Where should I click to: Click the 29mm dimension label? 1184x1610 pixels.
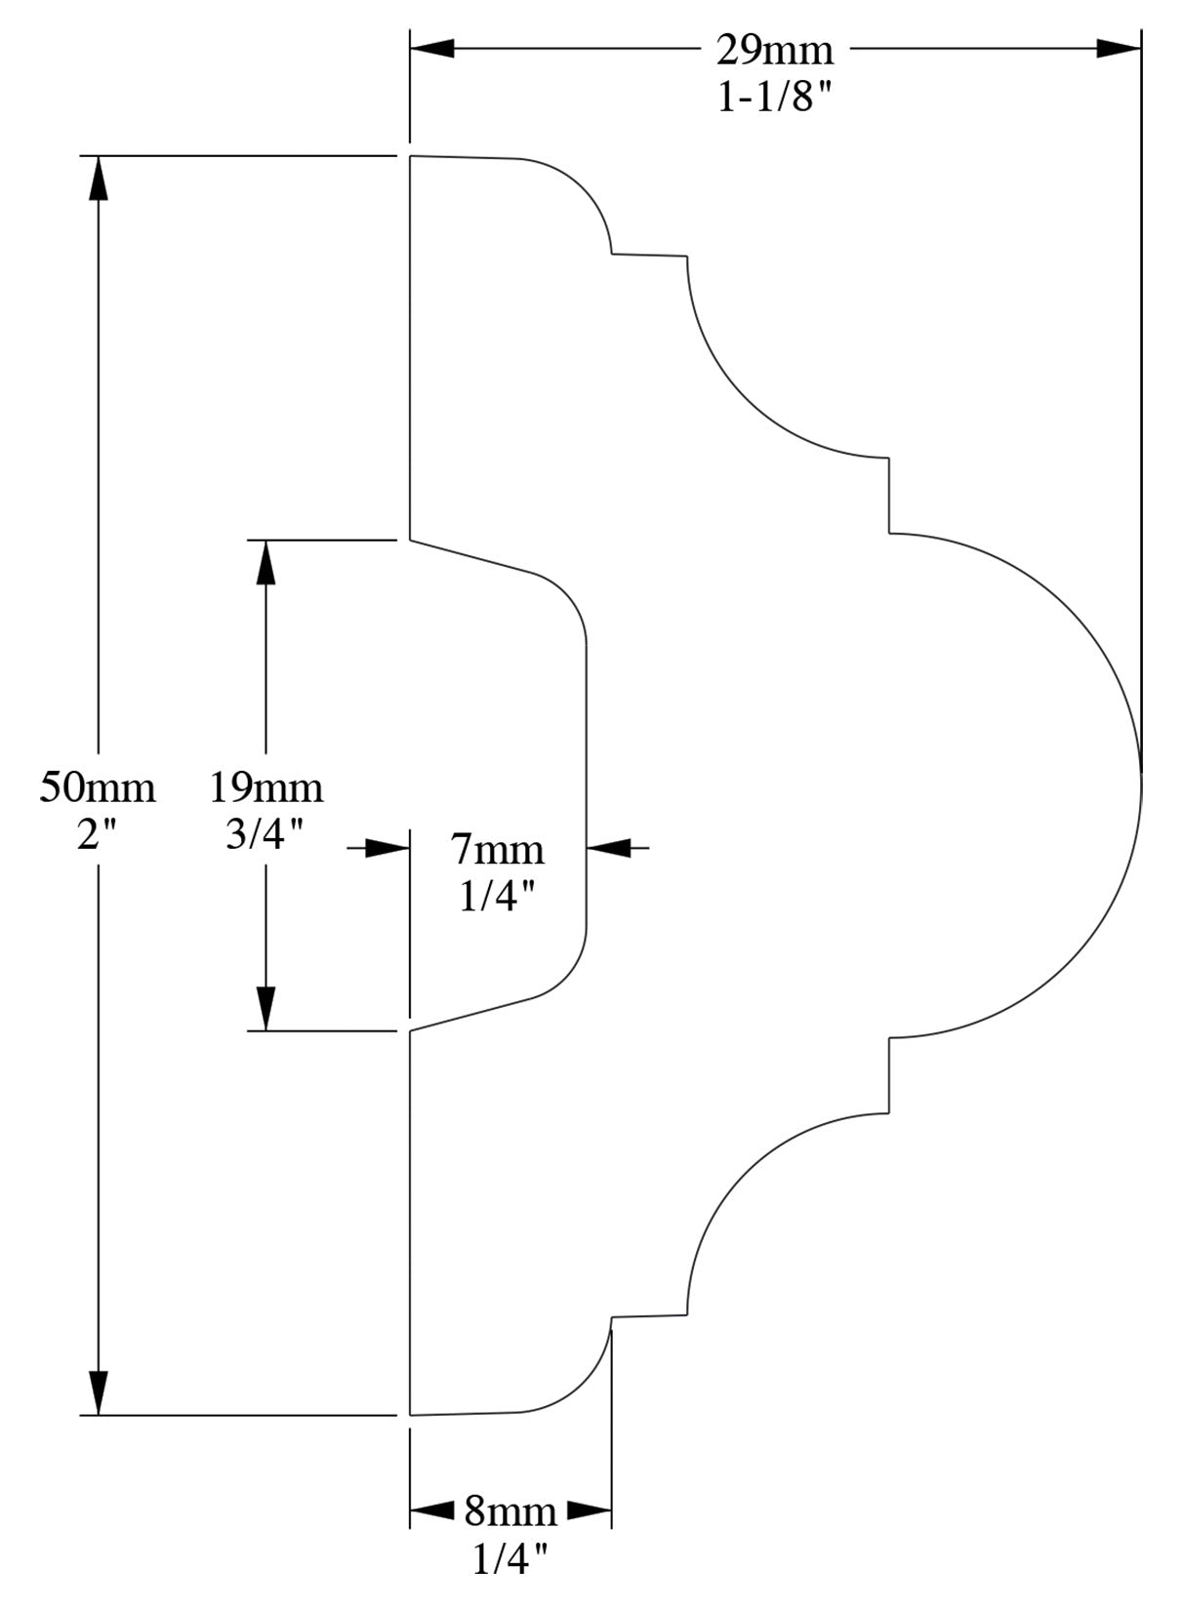pyautogui.click(x=775, y=48)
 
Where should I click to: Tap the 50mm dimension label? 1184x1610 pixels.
pyautogui.click(x=98, y=786)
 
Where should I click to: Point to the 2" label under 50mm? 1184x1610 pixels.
pyautogui.click(x=98, y=834)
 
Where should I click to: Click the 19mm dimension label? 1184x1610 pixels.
pyautogui.click(x=266, y=786)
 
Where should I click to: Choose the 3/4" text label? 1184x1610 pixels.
pyautogui.click(x=266, y=834)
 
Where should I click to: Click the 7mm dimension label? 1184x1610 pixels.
pyautogui.click(x=498, y=850)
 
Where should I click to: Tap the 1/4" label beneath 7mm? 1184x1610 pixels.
pyautogui.click(x=498, y=896)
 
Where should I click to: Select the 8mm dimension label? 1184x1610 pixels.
pyautogui.click(x=510, y=1511)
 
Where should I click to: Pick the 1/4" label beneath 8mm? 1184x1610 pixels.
pyautogui.click(x=510, y=1559)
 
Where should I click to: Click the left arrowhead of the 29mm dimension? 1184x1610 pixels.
pyautogui.click(x=431, y=48)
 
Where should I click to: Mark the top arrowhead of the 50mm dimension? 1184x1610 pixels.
pyautogui.click(x=98, y=178)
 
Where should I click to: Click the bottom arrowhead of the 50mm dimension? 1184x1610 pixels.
pyautogui.click(x=98, y=1392)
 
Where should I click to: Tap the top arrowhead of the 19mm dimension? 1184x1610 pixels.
pyautogui.click(x=266, y=562)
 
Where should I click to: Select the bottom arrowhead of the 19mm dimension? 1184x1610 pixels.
pyautogui.click(x=266, y=1009)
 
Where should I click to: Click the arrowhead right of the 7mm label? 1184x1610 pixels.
pyautogui.click(x=609, y=848)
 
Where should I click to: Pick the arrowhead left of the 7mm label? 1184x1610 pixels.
pyautogui.click(x=387, y=848)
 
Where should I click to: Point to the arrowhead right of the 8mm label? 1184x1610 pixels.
pyautogui.click(x=590, y=1511)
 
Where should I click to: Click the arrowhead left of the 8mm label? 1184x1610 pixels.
pyautogui.click(x=431, y=1511)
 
